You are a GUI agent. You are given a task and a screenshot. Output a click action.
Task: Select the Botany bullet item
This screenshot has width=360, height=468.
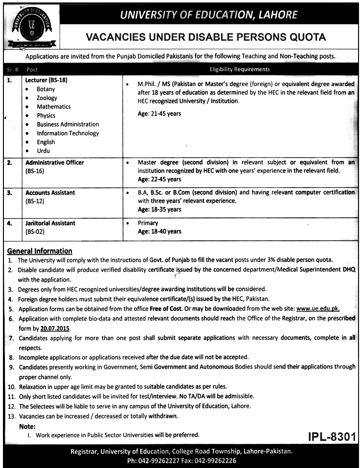46,89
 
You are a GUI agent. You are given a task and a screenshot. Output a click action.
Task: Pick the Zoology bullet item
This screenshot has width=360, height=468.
47,98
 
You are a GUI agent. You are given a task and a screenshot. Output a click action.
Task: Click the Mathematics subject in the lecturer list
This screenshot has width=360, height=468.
54,106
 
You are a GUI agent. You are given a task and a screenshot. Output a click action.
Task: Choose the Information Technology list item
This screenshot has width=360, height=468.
67,133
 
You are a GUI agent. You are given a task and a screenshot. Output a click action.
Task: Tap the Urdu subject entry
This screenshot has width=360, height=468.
43,151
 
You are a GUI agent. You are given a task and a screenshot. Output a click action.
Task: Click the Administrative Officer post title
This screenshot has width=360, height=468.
55,163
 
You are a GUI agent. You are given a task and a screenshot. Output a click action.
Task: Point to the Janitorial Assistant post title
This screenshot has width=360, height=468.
50,223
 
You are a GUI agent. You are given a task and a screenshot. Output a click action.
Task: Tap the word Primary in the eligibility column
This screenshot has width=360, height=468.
149,223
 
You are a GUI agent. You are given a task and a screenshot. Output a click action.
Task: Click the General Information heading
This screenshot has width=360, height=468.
40,251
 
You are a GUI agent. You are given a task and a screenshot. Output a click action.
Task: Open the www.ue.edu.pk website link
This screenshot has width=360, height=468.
318,308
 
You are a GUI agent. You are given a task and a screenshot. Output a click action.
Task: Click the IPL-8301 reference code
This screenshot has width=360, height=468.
328,436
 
